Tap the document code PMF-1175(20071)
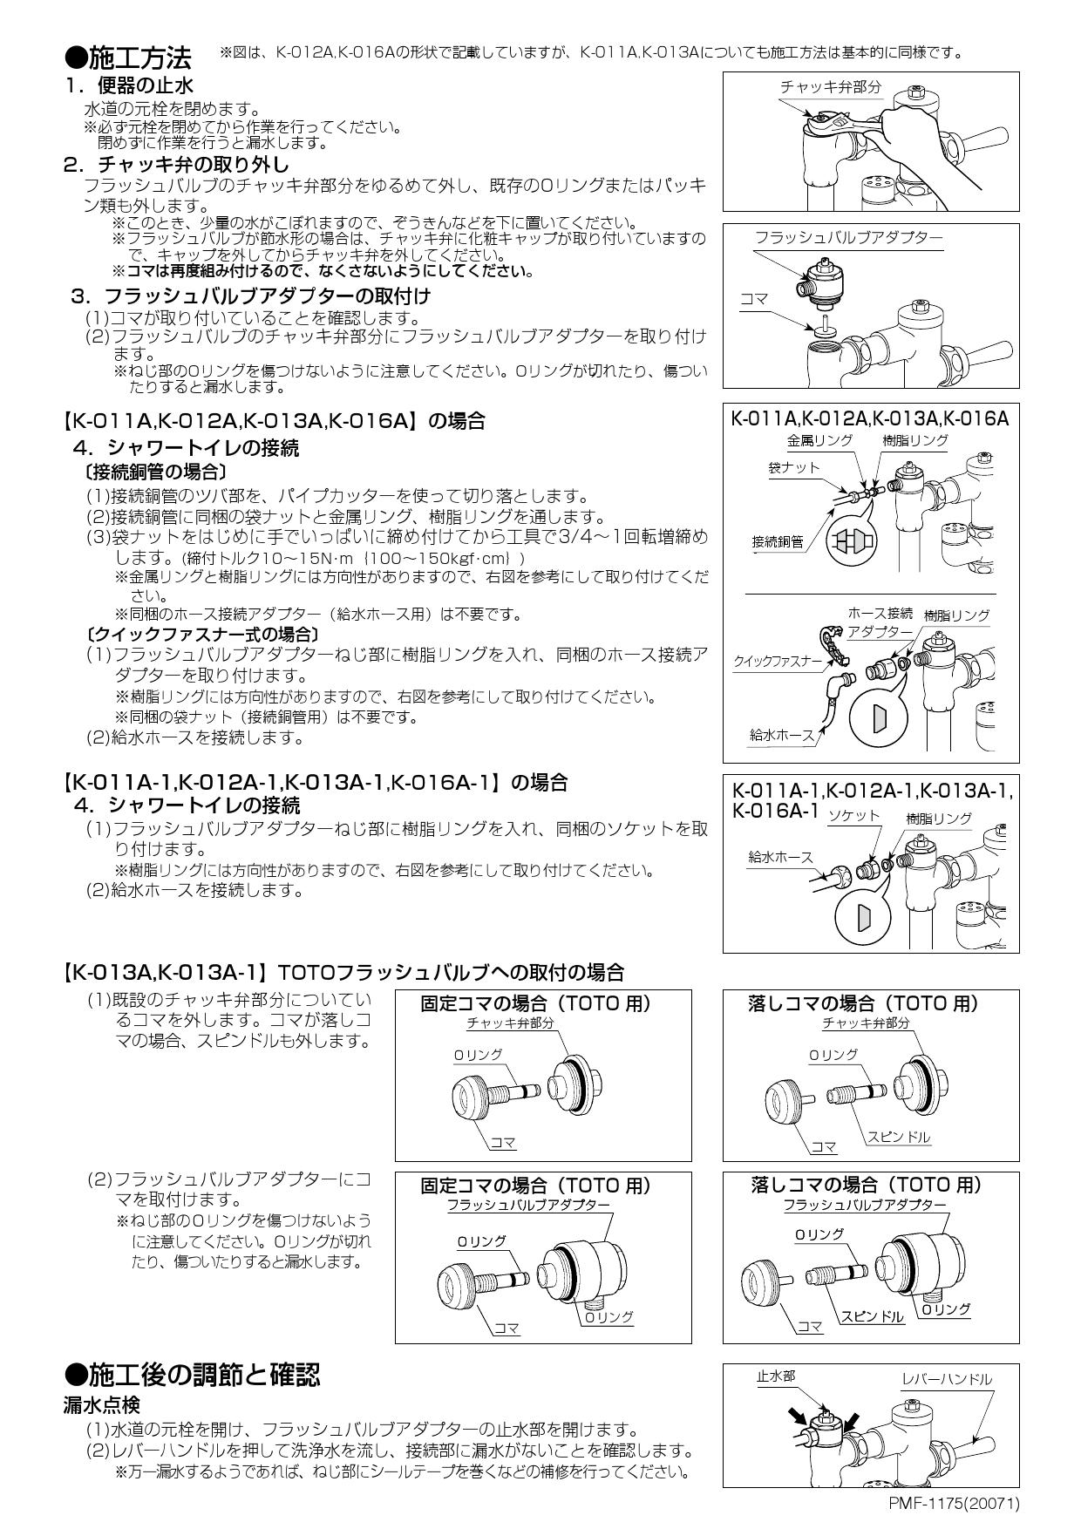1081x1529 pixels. [954, 1503]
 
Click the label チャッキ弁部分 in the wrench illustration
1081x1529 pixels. [830, 86]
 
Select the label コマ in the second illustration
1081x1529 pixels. [754, 299]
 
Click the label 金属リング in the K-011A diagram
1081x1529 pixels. [819, 440]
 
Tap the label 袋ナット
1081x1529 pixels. [793, 467]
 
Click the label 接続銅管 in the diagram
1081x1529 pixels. [778, 542]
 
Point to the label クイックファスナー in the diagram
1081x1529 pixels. [778, 662]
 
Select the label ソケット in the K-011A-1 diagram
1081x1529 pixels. [853, 816]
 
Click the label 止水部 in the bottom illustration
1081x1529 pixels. [775, 1377]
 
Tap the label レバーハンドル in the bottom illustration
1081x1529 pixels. [947, 1380]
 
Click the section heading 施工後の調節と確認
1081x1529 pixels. [204, 1375]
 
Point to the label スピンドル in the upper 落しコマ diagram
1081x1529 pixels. [898, 1137]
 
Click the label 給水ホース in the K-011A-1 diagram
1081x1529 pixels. [779, 858]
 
